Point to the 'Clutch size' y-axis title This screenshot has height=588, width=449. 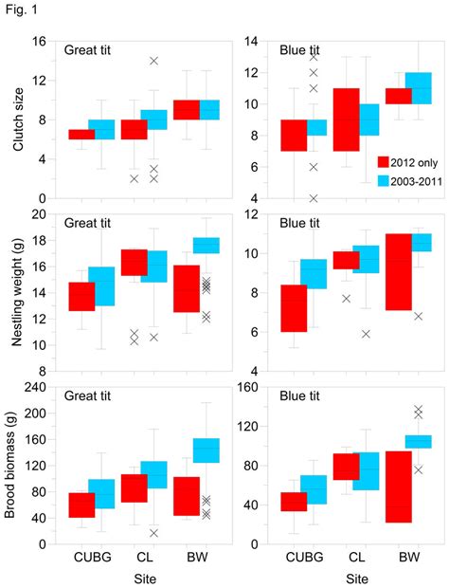tap(11, 119)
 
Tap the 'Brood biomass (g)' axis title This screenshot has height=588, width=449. tap(11, 465)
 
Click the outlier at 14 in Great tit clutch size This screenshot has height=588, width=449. tap(153, 61)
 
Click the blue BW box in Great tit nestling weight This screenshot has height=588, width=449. tap(207, 246)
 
